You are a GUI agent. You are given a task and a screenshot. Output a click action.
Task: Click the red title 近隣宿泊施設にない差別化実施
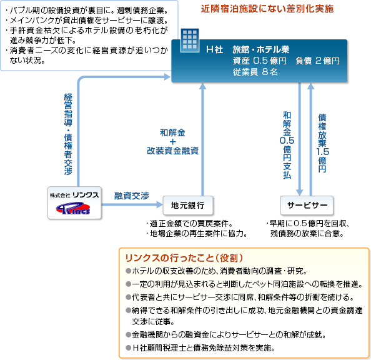[x=267, y=9]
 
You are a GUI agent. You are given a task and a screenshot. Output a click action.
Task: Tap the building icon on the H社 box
[x=189, y=40]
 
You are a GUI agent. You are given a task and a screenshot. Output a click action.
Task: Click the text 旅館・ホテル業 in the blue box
[x=260, y=49]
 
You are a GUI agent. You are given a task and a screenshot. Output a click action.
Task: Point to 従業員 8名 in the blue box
[x=255, y=72]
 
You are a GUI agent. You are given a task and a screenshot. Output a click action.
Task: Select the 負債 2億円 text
[x=317, y=61]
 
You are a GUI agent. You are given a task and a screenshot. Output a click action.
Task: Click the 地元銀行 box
[x=188, y=205]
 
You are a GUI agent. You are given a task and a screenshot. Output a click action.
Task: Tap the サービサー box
[x=307, y=205]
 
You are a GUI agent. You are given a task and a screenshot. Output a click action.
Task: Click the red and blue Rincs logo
[x=73, y=208]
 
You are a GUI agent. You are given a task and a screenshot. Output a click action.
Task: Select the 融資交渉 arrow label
[x=132, y=196]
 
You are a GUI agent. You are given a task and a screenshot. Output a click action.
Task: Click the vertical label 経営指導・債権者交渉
[x=68, y=134]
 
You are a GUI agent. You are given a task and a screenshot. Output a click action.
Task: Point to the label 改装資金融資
[x=173, y=151]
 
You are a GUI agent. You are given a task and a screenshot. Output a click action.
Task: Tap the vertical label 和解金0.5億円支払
[x=287, y=145]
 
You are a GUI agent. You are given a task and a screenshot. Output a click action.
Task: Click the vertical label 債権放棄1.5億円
[x=322, y=143]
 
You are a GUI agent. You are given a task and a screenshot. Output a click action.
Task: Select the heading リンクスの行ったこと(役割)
[x=184, y=258]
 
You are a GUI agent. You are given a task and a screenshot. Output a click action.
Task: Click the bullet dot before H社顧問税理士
[x=129, y=348]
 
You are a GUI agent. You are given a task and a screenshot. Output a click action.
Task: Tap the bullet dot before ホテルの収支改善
[x=129, y=271]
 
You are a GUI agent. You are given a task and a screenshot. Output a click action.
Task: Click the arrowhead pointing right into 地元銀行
[x=160, y=204]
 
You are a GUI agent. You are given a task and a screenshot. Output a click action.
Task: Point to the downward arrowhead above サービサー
[x=300, y=192]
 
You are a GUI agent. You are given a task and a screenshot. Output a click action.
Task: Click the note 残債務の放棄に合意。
[x=307, y=234]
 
